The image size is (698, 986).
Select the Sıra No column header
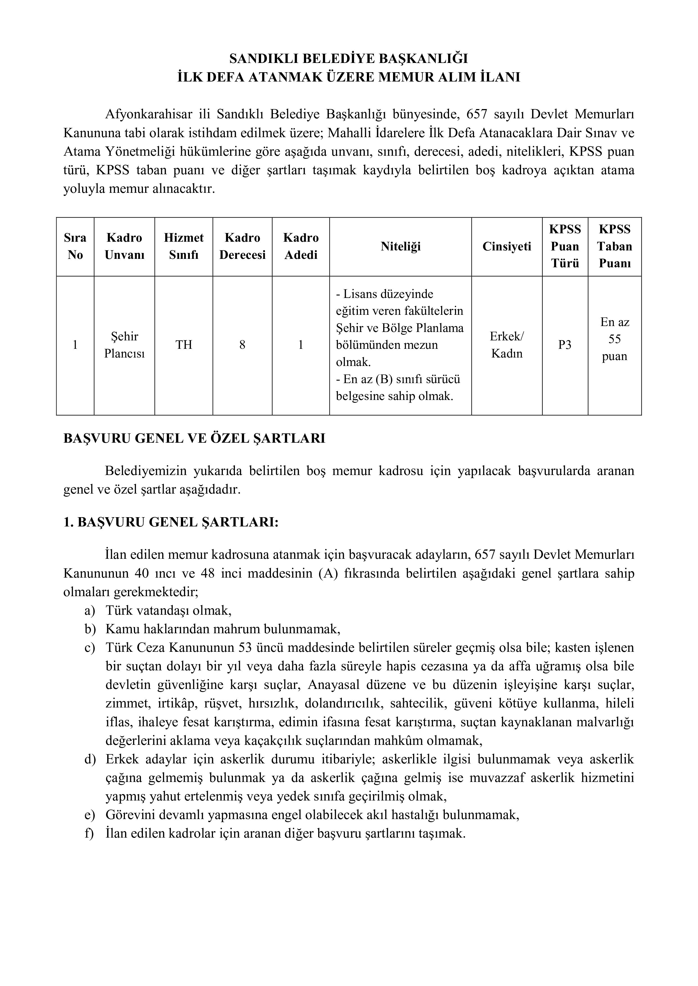tap(75, 246)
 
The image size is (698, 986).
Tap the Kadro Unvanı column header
tap(124, 246)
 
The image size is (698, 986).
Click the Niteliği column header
tap(400, 246)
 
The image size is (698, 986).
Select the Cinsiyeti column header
tap(506, 246)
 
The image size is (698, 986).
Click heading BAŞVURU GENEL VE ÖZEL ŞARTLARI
tap(194, 439)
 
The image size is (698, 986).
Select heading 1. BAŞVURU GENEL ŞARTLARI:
tap(171, 523)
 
